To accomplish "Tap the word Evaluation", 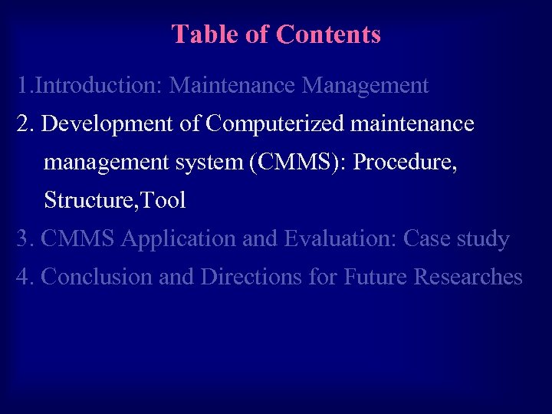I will pyautogui.click(x=340, y=238).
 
